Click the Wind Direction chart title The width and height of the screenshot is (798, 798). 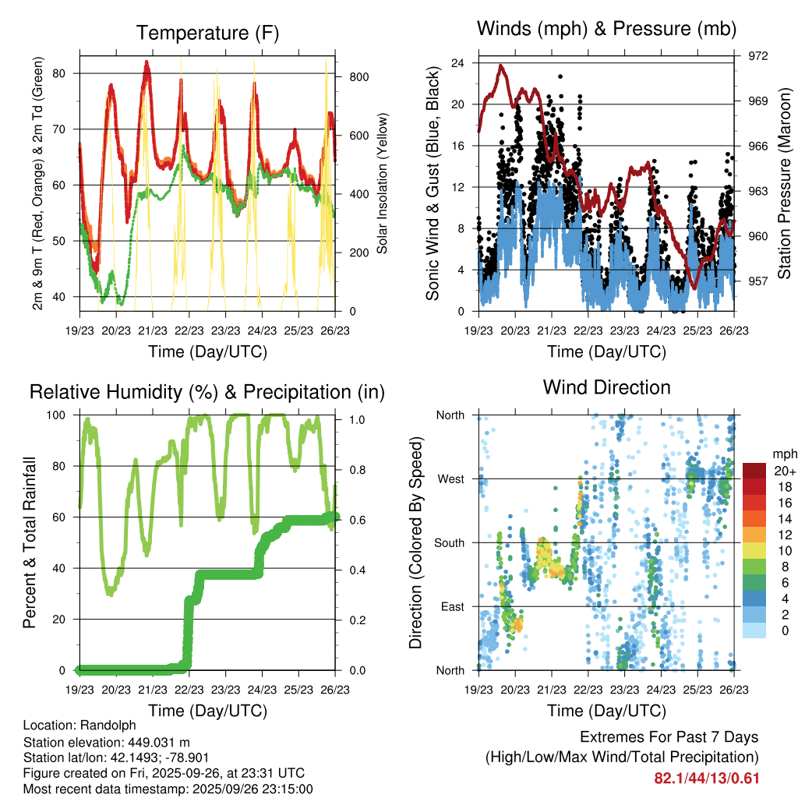[x=606, y=387]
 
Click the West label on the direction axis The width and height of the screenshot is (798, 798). [x=450, y=478]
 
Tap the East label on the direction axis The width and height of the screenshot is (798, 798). [x=451, y=606]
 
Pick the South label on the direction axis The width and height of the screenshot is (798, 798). [x=449, y=542]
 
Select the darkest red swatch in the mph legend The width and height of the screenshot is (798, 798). [x=754, y=471]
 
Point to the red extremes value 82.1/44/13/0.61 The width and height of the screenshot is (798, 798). [x=706, y=778]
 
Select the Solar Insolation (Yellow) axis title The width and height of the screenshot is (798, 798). [x=383, y=184]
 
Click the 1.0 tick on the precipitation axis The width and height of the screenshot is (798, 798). [x=357, y=419]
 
